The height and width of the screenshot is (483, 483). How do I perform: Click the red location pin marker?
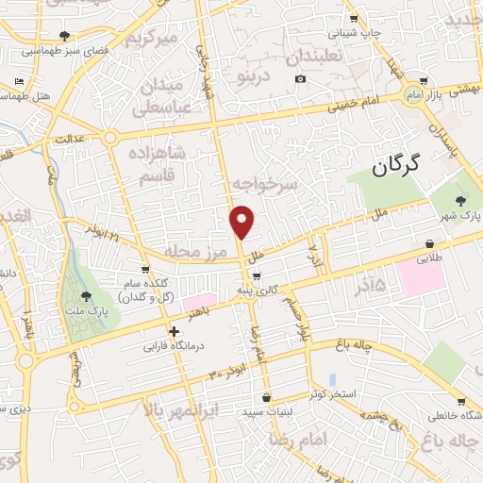coord(242,222)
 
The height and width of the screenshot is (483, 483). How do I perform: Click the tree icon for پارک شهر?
coord(461,200)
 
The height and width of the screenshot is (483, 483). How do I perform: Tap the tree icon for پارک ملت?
coord(87,297)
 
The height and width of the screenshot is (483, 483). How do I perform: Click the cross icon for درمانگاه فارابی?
coord(174,331)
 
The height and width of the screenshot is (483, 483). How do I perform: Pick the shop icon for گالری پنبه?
coord(257,277)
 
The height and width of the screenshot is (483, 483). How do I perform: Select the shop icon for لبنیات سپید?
coord(267,397)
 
